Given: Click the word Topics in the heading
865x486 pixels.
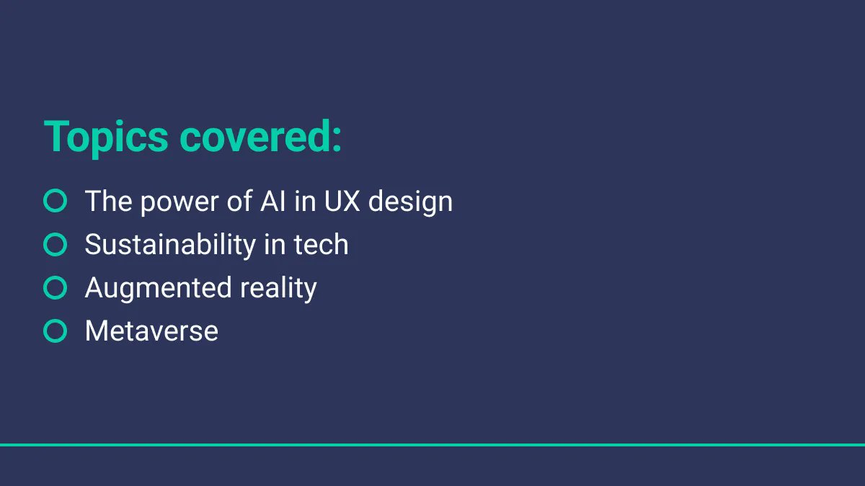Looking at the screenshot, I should tap(106, 136).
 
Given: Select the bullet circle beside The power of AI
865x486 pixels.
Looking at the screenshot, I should tap(56, 201).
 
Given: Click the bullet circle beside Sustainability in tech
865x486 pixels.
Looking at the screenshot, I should tap(56, 245).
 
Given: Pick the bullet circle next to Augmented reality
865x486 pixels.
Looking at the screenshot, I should tap(56, 288).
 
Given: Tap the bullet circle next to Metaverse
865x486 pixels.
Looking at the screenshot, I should tap(56, 331).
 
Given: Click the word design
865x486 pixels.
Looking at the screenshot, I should tap(410, 202).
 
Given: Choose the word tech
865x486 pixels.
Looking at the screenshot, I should tap(321, 245).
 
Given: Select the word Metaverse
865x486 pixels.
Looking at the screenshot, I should tap(151, 331).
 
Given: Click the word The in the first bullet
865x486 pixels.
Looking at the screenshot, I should tap(108, 201).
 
